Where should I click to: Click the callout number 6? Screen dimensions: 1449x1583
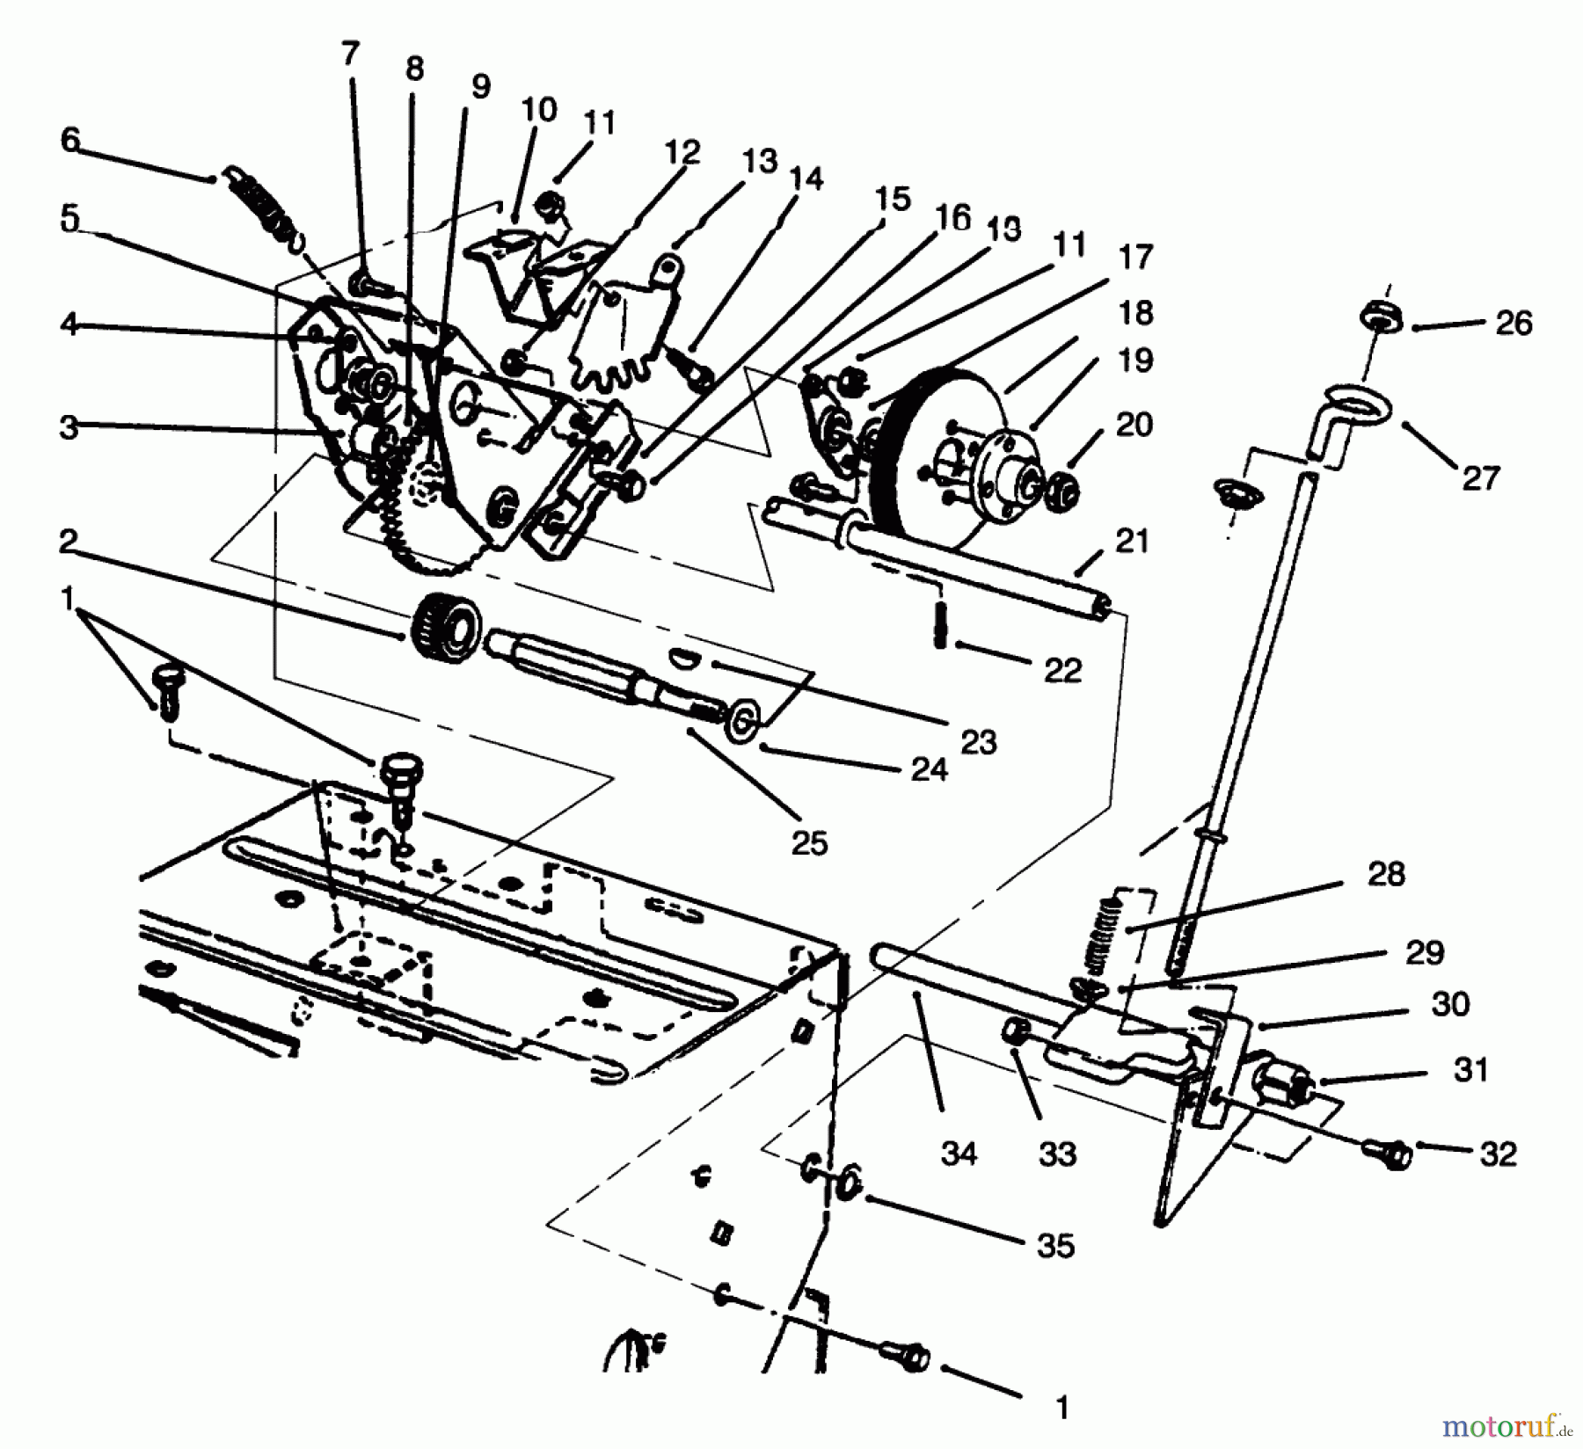point(70,140)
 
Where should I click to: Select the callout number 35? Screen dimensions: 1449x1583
point(1056,1246)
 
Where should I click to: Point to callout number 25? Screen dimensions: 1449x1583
point(809,842)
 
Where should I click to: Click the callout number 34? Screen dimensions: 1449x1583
point(959,1153)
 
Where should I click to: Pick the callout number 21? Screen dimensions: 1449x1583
point(1132,541)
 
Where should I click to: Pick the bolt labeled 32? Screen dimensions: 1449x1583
point(1390,1153)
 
